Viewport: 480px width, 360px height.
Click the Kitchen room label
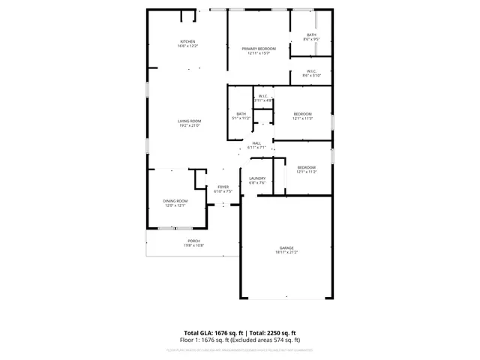pos(187,41)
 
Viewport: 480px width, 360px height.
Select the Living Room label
pos(189,121)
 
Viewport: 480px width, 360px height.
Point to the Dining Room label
pos(176,201)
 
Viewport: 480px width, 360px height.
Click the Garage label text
pos(286,247)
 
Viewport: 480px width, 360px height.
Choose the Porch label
pos(194,241)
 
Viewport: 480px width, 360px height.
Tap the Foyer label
pos(223,187)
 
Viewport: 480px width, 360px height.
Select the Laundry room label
pos(257,178)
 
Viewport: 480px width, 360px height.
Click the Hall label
pos(256,143)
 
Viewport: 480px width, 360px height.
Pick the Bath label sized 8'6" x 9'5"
pos(310,34)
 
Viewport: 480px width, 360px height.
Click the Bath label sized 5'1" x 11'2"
pos(241,114)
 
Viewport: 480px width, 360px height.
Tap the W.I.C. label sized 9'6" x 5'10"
pos(311,71)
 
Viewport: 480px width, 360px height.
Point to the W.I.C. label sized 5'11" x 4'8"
pos(263,96)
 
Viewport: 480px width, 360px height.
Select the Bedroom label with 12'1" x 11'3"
pos(302,114)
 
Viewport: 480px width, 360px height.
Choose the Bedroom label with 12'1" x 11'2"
pos(306,167)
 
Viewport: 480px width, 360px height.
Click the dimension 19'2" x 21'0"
pos(189,126)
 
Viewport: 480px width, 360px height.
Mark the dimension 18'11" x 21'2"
pos(286,252)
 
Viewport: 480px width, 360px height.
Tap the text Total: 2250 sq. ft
pos(273,332)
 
